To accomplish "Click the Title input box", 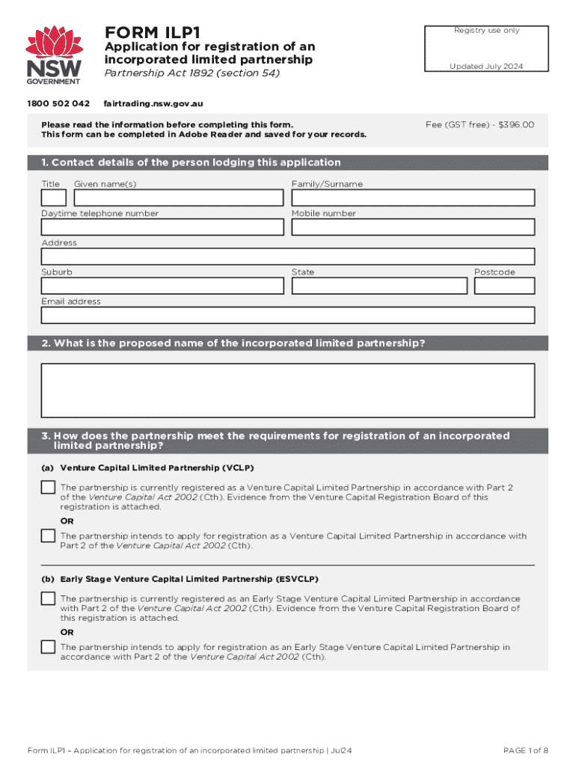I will (x=54, y=197).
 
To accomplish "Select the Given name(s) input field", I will (x=179, y=197).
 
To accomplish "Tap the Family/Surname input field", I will (x=413, y=197).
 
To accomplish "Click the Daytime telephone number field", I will (x=162, y=227).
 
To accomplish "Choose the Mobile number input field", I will (x=413, y=227).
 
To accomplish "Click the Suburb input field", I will (x=162, y=286).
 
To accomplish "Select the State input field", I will (x=379, y=286).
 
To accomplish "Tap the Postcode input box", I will (x=504, y=286).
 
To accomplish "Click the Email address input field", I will (x=288, y=315).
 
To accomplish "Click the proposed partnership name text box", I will (x=288, y=390).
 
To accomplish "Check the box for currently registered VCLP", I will (x=48, y=488).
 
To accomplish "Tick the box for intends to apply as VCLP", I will (x=48, y=536).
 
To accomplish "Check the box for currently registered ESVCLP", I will (x=48, y=598).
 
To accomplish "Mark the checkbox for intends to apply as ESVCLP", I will (x=48, y=647).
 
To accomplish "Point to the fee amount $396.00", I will (x=516, y=125).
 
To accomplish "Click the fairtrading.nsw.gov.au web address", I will (x=153, y=103).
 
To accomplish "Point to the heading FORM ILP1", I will (x=153, y=33).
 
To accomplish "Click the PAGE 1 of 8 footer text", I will (x=526, y=750).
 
